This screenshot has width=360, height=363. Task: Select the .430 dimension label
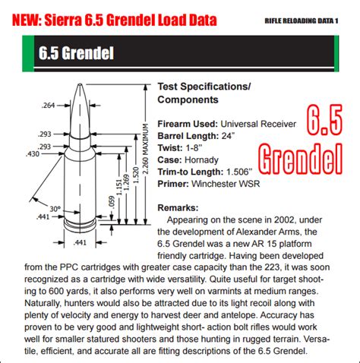[x=33, y=154]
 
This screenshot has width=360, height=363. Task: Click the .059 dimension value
[x=112, y=204]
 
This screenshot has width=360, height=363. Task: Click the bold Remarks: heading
[x=177, y=207]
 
